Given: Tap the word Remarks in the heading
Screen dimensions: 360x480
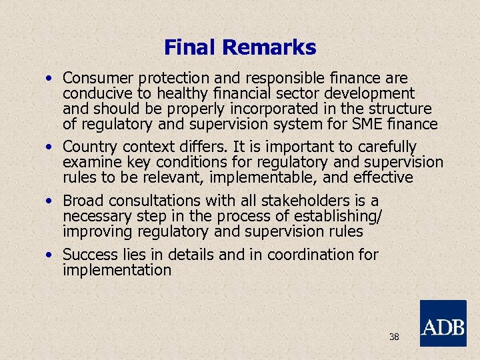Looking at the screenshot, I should click(x=269, y=48).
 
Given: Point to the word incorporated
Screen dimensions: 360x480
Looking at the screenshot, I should click(x=275, y=109).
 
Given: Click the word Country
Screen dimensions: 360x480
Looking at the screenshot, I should click(x=90, y=147).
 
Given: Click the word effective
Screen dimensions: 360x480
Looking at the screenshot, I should click(x=383, y=177).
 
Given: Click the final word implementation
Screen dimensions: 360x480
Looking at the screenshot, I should click(x=117, y=270).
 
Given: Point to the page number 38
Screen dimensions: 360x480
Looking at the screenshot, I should click(x=394, y=337).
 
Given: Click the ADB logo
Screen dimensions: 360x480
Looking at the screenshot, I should click(x=443, y=323).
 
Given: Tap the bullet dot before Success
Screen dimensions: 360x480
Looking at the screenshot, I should click(x=50, y=255).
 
